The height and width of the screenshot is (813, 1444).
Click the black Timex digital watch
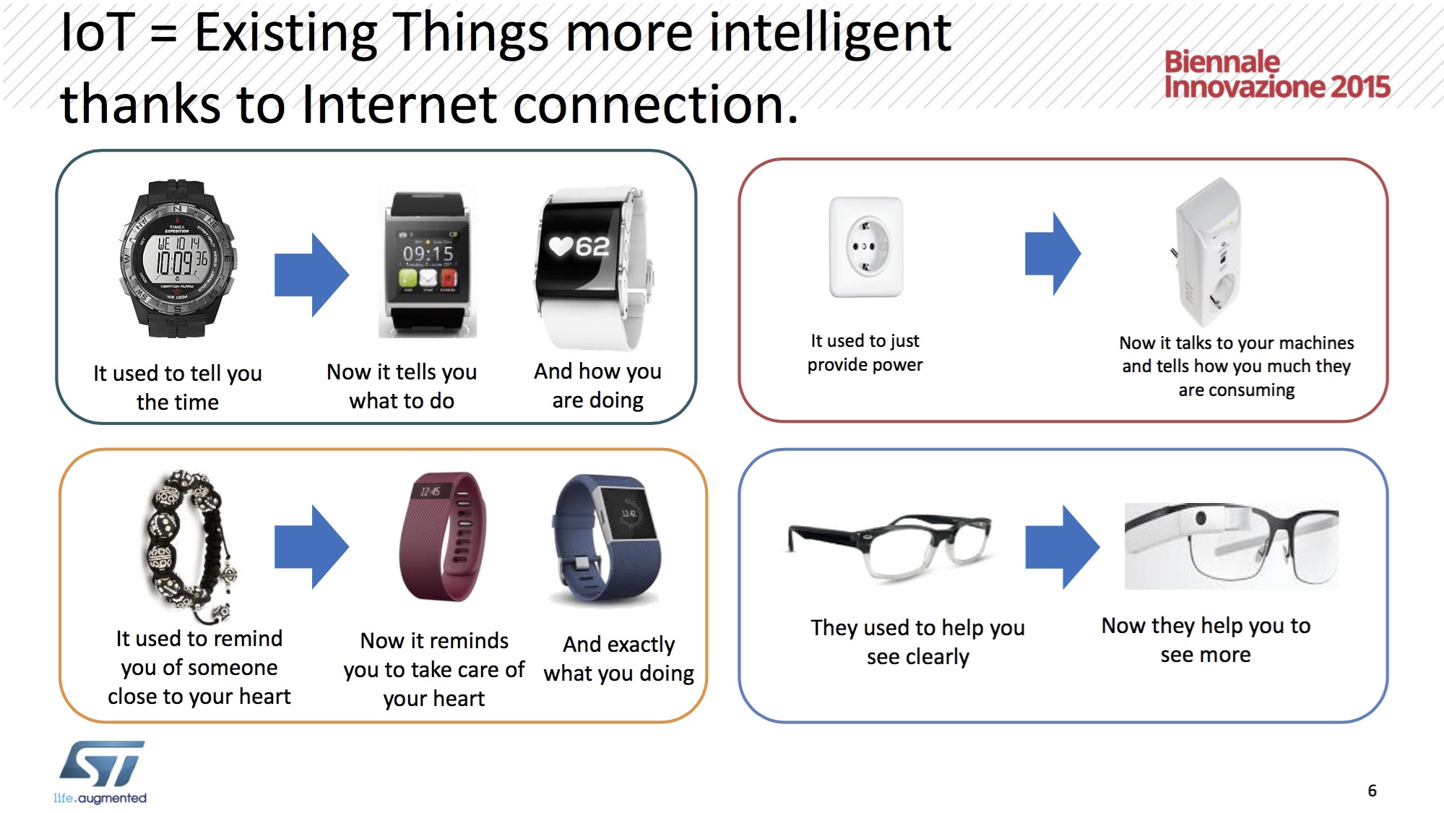click(177, 259)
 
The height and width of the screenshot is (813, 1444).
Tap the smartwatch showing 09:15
click(428, 262)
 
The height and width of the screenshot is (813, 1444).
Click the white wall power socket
click(866, 247)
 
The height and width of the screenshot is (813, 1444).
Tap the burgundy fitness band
click(442, 536)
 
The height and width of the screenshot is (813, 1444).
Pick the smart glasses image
click(1231, 546)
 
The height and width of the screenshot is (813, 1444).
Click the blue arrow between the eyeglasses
click(1062, 547)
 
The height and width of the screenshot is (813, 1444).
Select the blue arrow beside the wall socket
click(1052, 254)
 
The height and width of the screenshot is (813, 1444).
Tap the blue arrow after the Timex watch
click(311, 275)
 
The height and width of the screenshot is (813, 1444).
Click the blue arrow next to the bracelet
click(311, 547)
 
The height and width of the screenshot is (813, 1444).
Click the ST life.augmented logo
click(100, 772)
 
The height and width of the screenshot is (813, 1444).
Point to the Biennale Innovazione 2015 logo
click(1276, 74)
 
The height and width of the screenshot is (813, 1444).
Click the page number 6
click(1372, 791)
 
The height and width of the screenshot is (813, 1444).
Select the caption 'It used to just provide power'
click(865, 353)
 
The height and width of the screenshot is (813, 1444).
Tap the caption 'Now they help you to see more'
click(1206, 640)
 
